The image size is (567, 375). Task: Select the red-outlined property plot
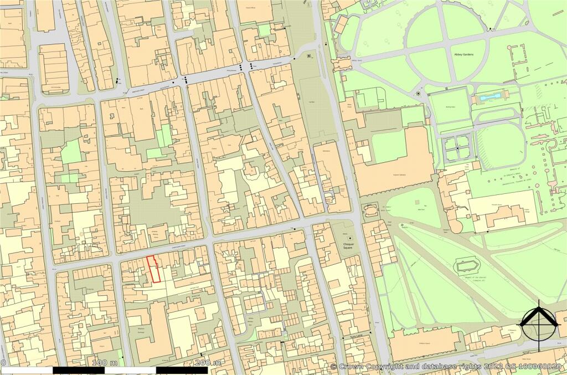[154, 269]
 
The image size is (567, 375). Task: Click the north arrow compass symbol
[537, 322]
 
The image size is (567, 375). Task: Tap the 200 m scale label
[209, 362]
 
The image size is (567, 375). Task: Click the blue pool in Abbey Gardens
[490, 97]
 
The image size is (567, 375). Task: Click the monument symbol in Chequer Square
[350, 238]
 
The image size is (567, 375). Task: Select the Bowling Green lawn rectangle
[450, 109]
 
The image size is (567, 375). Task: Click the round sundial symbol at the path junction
[418, 94]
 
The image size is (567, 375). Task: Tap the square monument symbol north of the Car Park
[308, 56]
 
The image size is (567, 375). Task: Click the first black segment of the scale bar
[78, 370]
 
